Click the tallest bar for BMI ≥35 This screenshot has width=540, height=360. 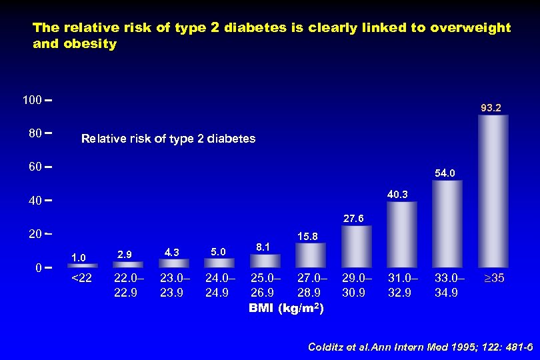tap(493, 191)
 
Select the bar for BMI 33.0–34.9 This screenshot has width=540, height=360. tap(447, 224)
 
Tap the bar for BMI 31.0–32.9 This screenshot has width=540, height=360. tap(402, 235)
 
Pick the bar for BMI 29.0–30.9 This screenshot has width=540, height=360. tap(357, 247)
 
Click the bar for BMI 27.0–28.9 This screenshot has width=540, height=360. tap(311, 255)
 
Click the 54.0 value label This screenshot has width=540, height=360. tap(447, 173)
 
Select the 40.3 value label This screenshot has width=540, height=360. tap(401, 194)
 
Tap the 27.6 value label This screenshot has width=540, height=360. tap(354, 218)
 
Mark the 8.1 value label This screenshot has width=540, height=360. tap(263, 247)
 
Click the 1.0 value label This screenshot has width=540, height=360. tap(79, 257)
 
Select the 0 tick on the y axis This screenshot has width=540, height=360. tap(39, 267)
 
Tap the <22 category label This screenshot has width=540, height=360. tap(81, 278)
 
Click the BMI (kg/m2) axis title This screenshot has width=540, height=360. tap(287, 308)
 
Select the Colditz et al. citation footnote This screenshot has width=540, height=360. tap(420, 347)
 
